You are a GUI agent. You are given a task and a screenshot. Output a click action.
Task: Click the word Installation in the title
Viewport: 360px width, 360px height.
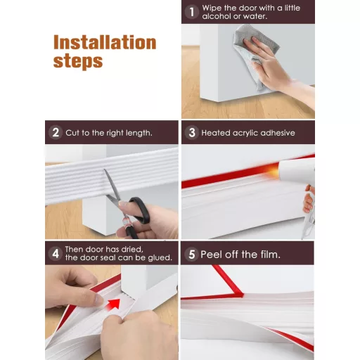pyautogui.click(x=105, y=42)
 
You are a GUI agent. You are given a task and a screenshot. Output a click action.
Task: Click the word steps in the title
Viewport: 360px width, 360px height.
pyautogui.click(x=78, y=61)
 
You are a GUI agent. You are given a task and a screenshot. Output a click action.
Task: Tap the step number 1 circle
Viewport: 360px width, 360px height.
pyautogui.click(x=192, y=12)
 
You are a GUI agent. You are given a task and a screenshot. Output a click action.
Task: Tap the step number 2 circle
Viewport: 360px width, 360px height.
pyautogui.click(x=56, y=132)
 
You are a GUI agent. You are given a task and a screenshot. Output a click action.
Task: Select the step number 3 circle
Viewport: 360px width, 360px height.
pyautogui.click(x=192, y=132)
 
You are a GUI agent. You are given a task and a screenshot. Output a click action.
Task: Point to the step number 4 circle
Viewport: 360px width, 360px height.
pyautogui.click(x=56, y=253)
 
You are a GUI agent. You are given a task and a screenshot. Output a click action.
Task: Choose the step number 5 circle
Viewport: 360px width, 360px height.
pyautogui.click(x=192, y=254)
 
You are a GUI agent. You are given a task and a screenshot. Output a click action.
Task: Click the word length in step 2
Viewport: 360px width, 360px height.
pyautogui.click(x=139, y=133)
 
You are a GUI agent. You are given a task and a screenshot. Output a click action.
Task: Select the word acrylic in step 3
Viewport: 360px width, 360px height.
pyautogui.click(x=245, y=133)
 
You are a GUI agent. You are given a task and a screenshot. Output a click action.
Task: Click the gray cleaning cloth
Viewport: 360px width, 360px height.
pyautogui.click(x=255, y=55)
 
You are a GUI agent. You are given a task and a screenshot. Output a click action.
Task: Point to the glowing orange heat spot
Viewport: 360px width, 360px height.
pyautogui.click(x=273, y=171)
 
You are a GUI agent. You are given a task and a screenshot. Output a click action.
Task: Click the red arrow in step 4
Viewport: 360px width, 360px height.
pyautogui.click(x=113, y=304)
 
